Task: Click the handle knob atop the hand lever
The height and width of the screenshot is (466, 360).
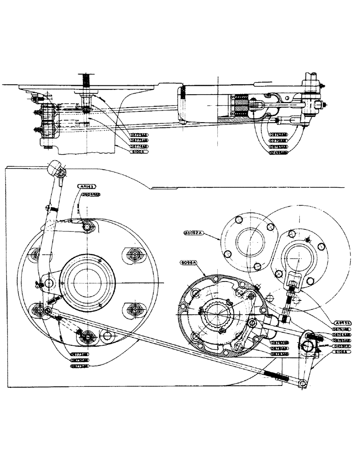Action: click(55, 167)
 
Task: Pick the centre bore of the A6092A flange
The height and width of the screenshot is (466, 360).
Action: click(252, 242)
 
